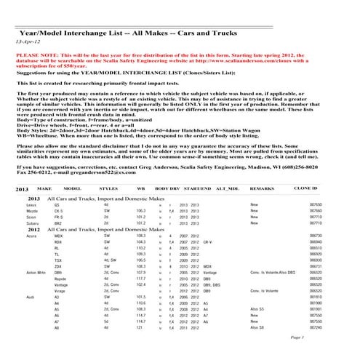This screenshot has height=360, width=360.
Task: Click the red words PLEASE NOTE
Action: tap(36, 55)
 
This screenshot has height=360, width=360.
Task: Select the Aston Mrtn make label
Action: tap(25, 271)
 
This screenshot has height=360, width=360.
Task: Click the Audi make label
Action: tap(19, 296)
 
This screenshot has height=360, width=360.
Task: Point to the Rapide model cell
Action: tap(61, 278)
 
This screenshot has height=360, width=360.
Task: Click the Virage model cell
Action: tap(60, 290)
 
